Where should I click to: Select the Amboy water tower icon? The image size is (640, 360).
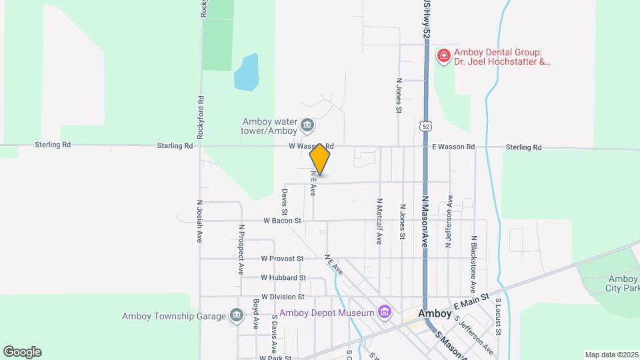pyautogui.click(x=307, y=125)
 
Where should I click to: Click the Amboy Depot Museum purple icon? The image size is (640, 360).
pyautogui.click(x=383, y=311)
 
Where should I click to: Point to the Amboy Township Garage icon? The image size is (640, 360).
pyautogui.click(x=236, y=315)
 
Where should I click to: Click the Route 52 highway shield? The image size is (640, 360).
pyautogui.click(x=425, y=125)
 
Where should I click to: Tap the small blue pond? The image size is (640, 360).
pyautogui.click(x=245, y=73)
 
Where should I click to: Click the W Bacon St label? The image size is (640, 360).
pyautogui.click(x=283, y=220)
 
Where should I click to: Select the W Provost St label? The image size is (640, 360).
pyautogui.click(x=282, y=258)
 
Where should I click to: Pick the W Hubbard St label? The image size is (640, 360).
pyautogui.click(x=283, y=277)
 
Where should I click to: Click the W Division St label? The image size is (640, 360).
pyautogui.click(x=283, y=297)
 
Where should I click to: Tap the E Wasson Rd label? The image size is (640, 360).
pyautogui.click(x=453, y=147)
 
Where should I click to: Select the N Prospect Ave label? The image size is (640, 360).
pyautogui.click(x=241, y=249)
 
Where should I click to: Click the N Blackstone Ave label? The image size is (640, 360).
pyautogui.click(x=474, y=263)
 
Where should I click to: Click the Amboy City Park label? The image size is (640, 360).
pyautogui.click(x=622, y=283)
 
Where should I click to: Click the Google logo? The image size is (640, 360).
pyautogui.click(x=22, y=352)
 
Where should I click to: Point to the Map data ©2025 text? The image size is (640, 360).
pyautogui.click(x=611, y=355)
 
